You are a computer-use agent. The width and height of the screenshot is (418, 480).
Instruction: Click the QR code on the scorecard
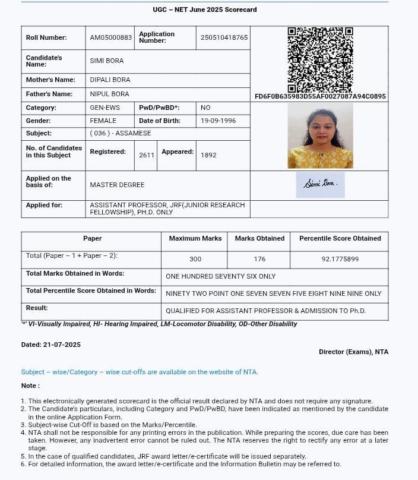tap(320, 59)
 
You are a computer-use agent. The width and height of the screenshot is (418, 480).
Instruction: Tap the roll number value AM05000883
tap(111, 37)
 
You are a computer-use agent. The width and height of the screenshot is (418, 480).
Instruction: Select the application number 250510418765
tap(224, 37)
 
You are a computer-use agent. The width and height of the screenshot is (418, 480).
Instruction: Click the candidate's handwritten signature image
tap(321, 184)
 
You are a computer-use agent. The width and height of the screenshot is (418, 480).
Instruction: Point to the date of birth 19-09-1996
tap(218, 121)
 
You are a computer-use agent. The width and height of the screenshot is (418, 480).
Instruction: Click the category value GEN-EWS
tap(104, 108)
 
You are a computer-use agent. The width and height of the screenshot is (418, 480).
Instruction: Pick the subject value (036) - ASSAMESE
tap(121, 133)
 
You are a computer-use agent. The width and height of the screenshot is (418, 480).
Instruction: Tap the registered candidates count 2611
tap(147, 155)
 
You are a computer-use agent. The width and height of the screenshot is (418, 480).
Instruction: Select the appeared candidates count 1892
tap(208, 155)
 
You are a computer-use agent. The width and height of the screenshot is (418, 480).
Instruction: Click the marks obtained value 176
tap(259, 259)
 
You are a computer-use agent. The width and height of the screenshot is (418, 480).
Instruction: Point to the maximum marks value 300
tap(195, 259)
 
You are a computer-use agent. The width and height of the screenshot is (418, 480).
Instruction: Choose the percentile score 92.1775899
tap(340, 259)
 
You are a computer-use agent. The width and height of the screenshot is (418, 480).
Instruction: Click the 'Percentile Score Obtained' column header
tap(340, 238)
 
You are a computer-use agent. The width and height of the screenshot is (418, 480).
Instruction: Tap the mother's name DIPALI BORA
tap(110, 80)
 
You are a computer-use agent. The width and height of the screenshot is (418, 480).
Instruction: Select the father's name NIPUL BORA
tap(109, 94)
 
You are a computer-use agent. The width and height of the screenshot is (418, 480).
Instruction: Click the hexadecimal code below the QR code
tap(320, 96)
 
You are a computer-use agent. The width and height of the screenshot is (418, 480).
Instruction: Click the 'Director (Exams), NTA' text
tap(353, 352)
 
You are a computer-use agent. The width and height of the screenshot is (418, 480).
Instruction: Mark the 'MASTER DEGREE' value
tap(117, 185)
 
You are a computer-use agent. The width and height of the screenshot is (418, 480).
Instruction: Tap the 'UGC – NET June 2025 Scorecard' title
tap(205, 10)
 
